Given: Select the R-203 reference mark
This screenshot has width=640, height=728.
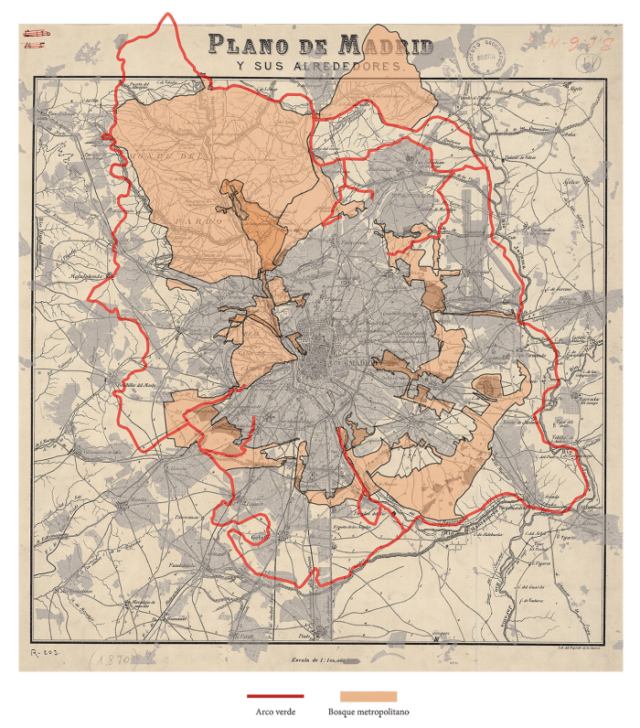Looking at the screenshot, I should pyautogui.click(x=43, y=651).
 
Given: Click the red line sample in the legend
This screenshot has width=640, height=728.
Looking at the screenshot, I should pyautogui.click(x=275, y=696).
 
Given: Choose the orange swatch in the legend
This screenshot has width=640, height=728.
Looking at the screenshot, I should pyautogui.click(x=368, y=696).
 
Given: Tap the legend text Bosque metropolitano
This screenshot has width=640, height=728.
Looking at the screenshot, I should pyautogui.click(x=368, y=712).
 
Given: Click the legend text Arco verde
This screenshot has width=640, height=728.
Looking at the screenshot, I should pyautogui.click(x=275, y=712).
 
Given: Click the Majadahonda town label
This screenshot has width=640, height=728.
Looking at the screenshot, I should pyautogui.click(x=87, y=274).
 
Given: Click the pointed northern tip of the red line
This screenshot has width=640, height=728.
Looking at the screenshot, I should pyautogui.click(x=166, y=13).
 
